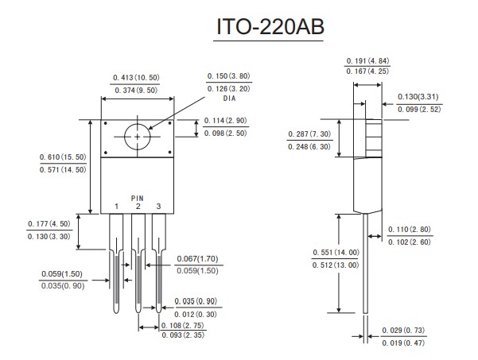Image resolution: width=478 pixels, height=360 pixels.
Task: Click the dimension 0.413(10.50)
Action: coord(134,77)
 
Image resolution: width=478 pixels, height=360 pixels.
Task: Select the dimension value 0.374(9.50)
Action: coord(134,91)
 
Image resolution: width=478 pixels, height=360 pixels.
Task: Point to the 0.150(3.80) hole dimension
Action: coord(228,76)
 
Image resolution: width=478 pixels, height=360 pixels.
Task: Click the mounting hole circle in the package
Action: coord(138,136)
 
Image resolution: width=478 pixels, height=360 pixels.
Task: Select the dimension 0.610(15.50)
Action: coord(62,157)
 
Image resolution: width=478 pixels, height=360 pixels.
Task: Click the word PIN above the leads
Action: coord(138,197)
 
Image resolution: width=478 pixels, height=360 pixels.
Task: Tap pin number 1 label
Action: coord(116,207)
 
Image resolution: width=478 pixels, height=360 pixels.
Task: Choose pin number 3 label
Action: coord(158,207)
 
